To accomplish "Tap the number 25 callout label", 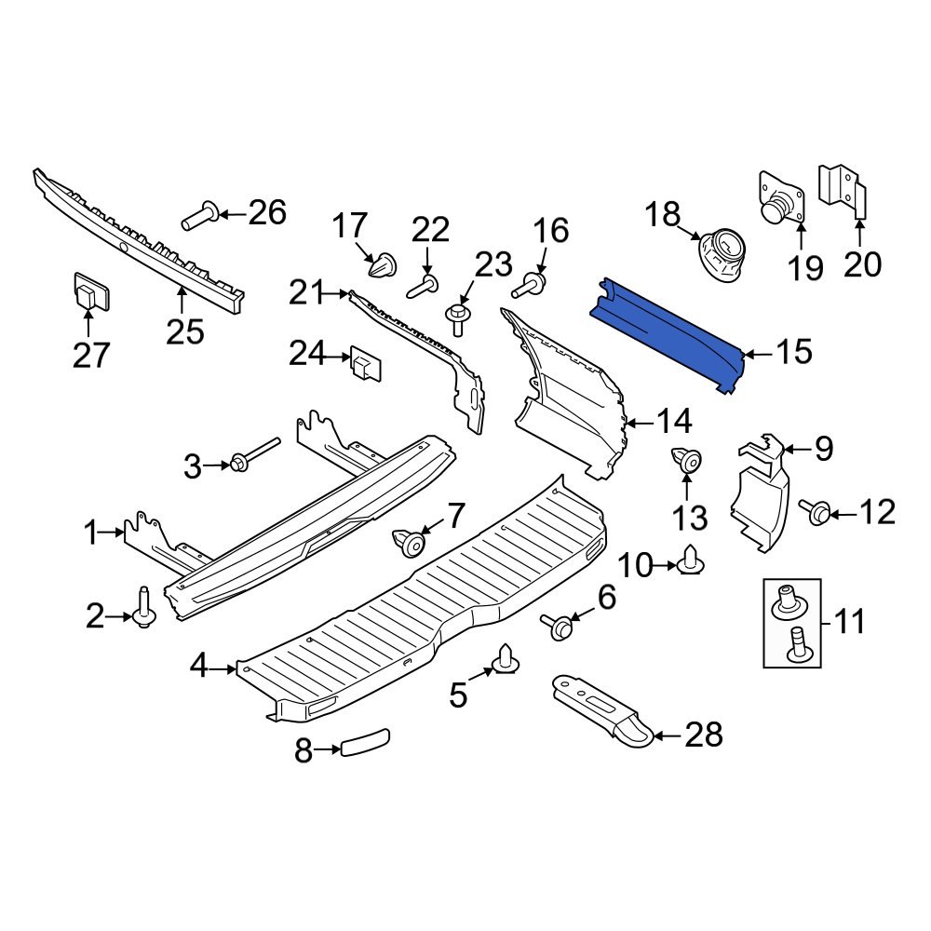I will [184, 331].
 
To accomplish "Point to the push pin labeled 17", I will [382, 266].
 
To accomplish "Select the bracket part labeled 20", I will [842, 191].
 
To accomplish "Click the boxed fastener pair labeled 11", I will [792, 622].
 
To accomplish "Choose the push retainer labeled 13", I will [685, 460].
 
